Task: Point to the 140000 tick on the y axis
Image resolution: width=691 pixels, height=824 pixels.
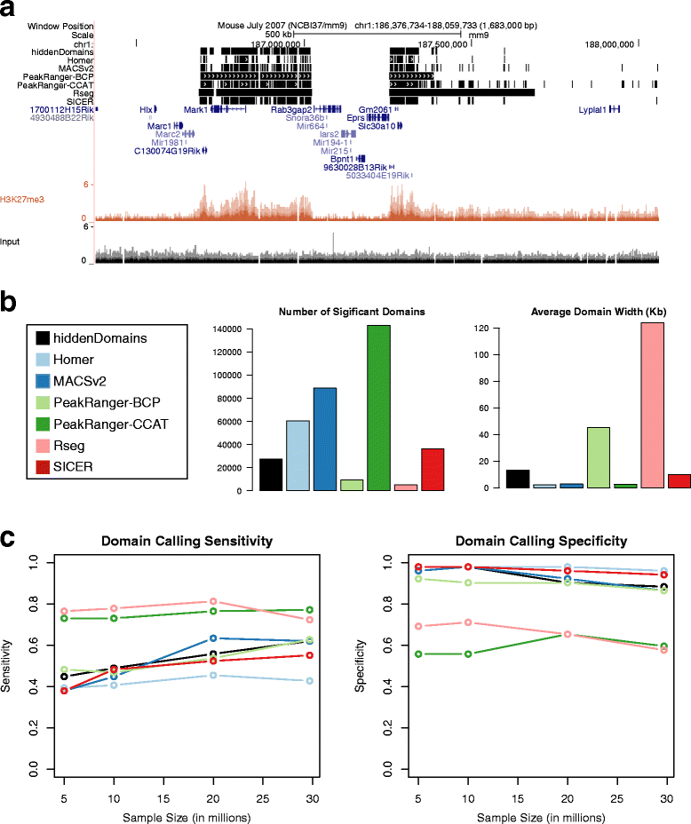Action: point(233,329)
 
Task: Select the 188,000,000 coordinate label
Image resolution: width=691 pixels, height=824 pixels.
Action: point(609,43)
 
